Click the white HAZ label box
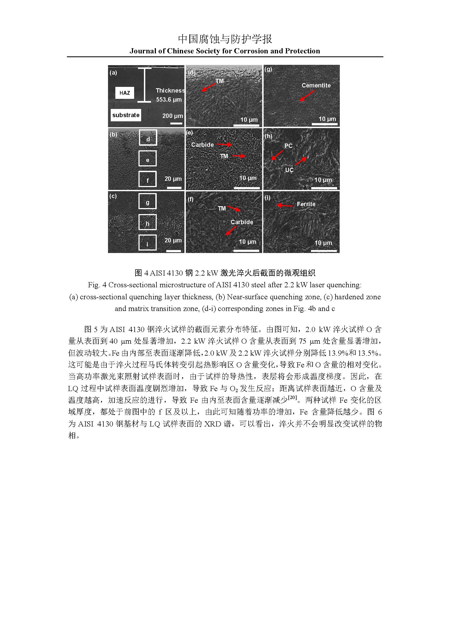tap(125, 93)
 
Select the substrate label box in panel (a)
tap(126, 115)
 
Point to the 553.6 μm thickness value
tap(169, 100)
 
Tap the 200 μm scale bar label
tap(172, 116)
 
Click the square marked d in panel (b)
tap(148, 138)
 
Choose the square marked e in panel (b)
tap(147, 159)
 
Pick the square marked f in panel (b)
tap(147, 179)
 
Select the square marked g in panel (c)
tap(147, 201)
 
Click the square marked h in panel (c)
tap(147, 222)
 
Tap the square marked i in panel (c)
tap(147, 243)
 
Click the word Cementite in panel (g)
tap(316, 86)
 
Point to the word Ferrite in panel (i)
tap(306, 204)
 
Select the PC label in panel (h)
tap(288, 146)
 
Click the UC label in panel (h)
tap(289, 170)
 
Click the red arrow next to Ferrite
tap(284, 206)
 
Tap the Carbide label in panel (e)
tap(202, 145)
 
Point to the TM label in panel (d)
tap(220, 81)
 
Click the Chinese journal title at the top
tap(225, 39)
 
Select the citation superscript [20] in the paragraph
tap(292, 397)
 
